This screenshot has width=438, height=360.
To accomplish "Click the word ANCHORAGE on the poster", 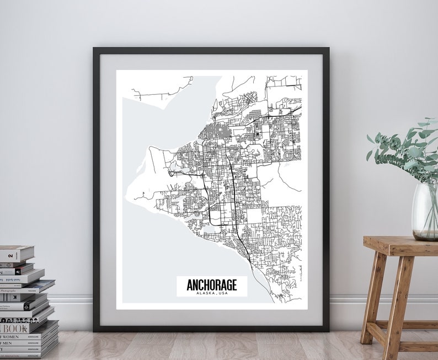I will (x=212, y=284).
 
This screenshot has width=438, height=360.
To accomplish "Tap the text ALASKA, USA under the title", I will (x=212, y=293).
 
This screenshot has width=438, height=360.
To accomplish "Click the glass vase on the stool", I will (x=424, y=212).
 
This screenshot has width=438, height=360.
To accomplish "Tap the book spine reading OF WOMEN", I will (x=11, y=337).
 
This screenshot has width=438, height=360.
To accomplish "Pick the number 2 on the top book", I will (x=11, y=255).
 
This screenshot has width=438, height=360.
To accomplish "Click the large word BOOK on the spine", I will (x=15, y=329).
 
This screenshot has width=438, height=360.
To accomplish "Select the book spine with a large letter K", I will (x=15, y=297).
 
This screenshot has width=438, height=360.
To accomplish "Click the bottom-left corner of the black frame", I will (x=95, y=329).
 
